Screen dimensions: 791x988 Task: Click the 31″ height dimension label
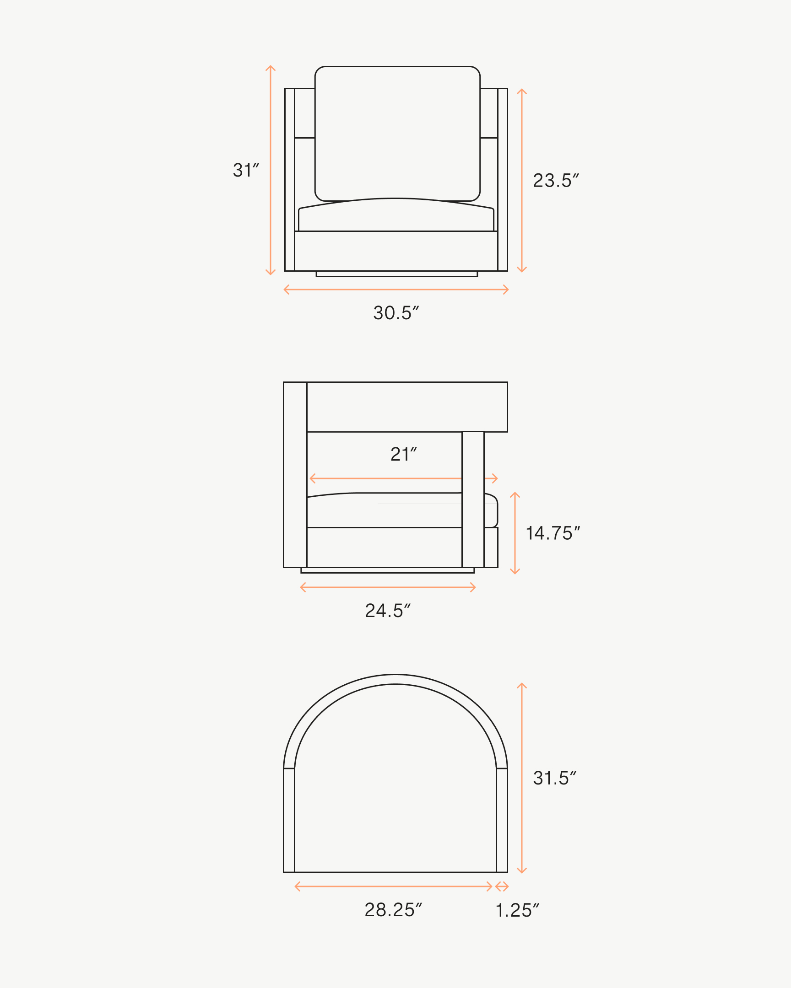246,170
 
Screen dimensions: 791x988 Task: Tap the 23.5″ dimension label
556,181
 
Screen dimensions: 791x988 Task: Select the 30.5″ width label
396,313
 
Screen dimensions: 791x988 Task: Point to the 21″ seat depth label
404,454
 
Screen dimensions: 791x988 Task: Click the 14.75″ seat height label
553,533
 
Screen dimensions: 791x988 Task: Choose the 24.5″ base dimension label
387,611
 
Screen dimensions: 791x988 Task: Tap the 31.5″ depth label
554,778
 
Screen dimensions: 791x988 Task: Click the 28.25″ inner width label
393,910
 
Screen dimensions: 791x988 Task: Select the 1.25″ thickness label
517,911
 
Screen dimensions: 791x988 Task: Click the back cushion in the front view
397,133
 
